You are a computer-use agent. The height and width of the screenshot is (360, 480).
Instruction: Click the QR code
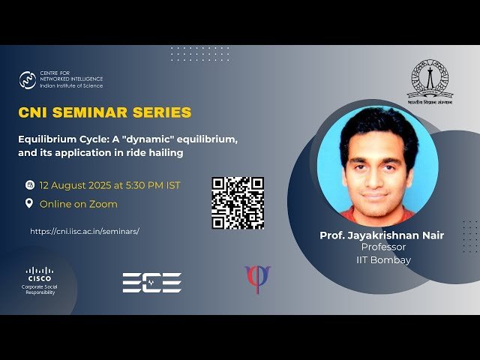coord(237,202)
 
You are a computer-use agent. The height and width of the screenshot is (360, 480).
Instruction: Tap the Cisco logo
coord(40,272)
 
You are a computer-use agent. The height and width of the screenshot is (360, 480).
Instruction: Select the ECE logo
coord(152,282)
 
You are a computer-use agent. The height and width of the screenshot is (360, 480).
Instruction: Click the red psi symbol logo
coord(257,279)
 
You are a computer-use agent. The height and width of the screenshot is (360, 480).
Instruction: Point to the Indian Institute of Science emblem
coord(430,80)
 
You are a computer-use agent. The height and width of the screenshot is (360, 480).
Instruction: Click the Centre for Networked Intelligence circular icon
coord(28,79)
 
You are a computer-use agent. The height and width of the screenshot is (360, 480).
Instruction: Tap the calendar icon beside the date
coord(29,184)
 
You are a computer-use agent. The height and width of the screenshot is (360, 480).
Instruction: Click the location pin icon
coord(29,203)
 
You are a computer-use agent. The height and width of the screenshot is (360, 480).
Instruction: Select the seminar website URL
coord(85,232)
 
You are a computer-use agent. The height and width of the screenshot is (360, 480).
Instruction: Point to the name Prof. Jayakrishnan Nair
coord(382,235)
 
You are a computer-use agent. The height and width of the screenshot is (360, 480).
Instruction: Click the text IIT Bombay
coord(383,260)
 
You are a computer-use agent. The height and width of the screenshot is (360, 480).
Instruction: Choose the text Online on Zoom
coord(78,204)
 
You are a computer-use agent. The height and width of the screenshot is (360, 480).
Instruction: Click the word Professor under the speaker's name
coord(383,247)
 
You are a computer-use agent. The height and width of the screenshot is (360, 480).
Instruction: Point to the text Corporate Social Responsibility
coord(40,289)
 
